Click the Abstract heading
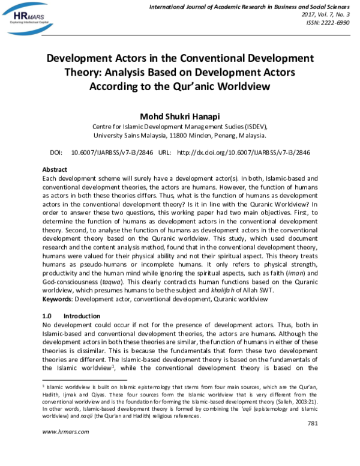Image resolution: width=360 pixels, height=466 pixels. [55, 170]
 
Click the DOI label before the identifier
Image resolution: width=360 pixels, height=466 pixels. [56, 153]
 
